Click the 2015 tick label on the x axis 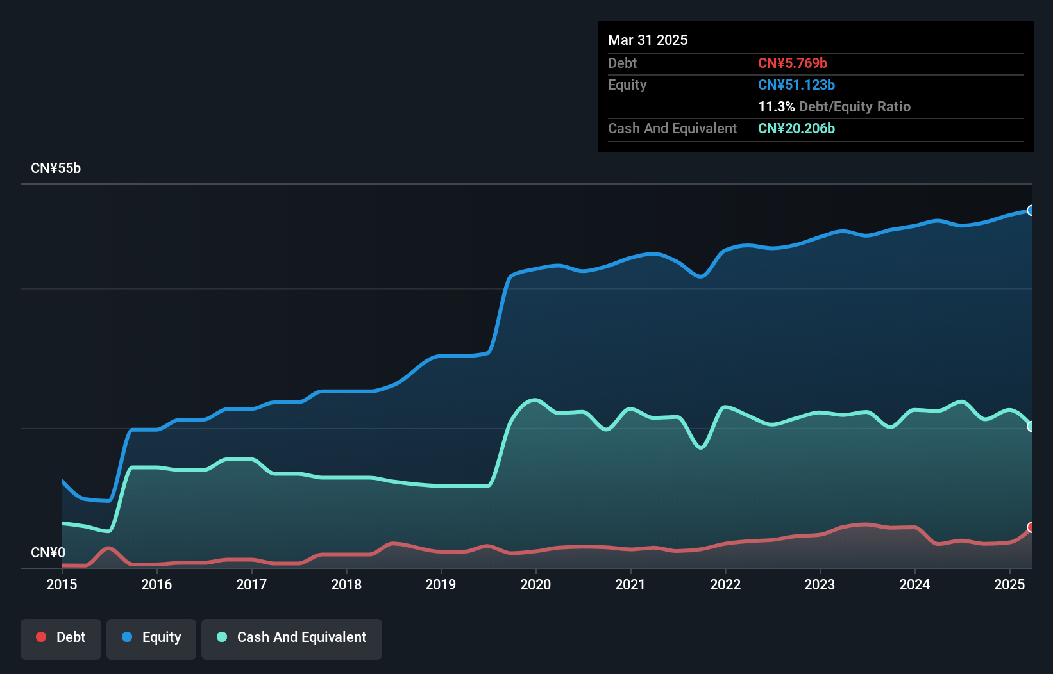tap(62, 584)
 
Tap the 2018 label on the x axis tap(346, 584)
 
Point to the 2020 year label tap(535, 584)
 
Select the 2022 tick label tap(725, 584)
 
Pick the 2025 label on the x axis tap(1009, 584)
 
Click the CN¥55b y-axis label tap(56, 168)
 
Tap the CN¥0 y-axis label tap(48, 552)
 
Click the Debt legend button tap(61, 637)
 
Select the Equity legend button tap(151, 637)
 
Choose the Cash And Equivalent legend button tap(292, 637)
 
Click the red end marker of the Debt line tap(1031, 527)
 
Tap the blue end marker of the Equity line tap(1031, 210)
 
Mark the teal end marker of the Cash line tap(1031, 426)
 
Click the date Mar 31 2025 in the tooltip tap(648, 40)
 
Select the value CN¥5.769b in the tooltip tap(793, 63)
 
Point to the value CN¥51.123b tap(796, 85)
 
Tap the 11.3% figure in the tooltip tap(776, 106)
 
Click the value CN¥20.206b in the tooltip tap(796, 128)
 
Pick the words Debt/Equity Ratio tap(855, 106)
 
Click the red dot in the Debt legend tap(41, 637)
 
